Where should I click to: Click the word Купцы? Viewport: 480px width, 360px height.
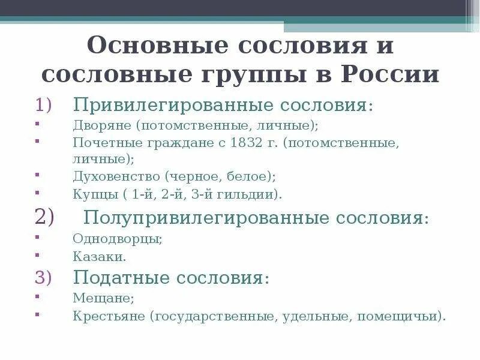point(92,194)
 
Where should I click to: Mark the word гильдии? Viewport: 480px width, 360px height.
point(250,194)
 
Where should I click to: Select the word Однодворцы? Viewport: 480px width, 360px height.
point(117,239)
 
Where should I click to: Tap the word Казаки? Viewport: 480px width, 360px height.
point(99,256)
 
